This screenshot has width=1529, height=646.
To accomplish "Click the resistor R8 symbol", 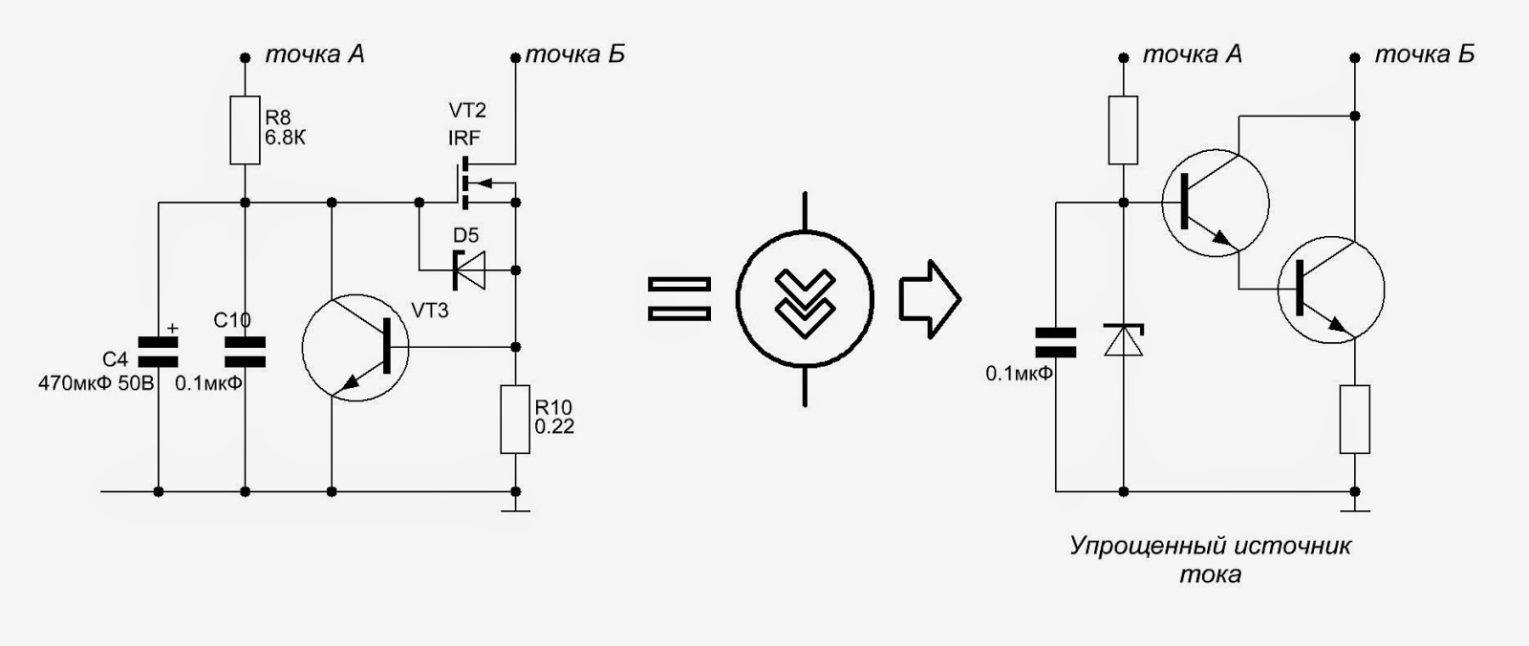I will pos(246,130).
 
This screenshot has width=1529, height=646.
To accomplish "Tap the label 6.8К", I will pos(286,138).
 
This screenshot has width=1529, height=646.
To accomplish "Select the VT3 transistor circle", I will pos(355,348).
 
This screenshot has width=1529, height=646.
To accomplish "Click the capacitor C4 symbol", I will pos(158,352).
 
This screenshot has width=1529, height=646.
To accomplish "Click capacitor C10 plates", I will pos(246,352).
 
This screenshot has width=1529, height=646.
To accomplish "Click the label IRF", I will pos(463,139).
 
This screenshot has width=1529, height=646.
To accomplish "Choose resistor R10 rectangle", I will pos(515,419).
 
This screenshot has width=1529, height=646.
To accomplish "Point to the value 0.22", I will pos(554,427).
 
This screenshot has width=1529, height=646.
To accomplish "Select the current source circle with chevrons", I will pos(805,299).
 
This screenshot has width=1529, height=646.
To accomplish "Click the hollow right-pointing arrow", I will pos(928,299).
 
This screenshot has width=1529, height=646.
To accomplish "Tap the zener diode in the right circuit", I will pos(1124,340).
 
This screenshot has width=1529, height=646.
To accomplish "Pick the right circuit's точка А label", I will pos(1193,54).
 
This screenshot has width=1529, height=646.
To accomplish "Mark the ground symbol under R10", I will pos(516,509).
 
